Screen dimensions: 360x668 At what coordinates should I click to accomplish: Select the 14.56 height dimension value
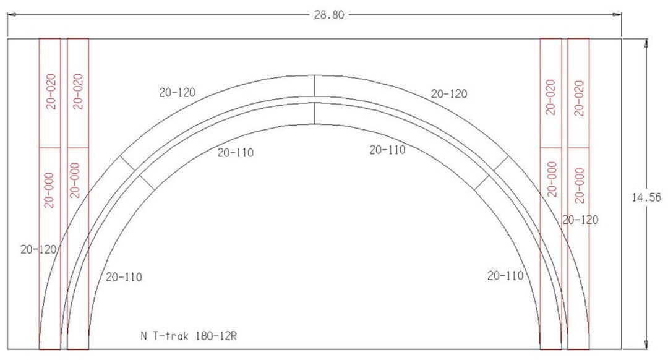pos(646,197)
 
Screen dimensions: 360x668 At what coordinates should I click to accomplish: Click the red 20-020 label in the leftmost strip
pos(51,92)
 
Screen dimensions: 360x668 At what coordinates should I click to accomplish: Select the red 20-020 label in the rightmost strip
pos(579,98)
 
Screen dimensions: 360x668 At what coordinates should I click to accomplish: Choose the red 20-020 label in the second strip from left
pos(78,92)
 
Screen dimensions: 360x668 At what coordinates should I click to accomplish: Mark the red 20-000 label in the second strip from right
pos(552,179)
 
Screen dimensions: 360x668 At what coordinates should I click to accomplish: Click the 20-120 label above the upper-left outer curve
pos(177,93)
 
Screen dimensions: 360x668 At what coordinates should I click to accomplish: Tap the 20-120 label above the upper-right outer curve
pos(449,94)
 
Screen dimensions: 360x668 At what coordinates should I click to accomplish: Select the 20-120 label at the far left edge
pos(38,249)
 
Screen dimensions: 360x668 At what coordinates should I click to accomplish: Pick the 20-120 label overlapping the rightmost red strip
pos(580,220)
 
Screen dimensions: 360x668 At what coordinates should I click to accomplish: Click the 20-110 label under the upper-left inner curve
pos(235,153)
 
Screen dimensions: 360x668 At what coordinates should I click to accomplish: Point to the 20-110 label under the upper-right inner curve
pos(387,150)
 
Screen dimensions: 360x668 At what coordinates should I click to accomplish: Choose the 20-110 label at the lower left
pos(124,277)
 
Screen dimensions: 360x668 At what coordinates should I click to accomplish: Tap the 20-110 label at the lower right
pos(505,276)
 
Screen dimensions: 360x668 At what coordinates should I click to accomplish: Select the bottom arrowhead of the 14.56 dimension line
pos(646,345)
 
